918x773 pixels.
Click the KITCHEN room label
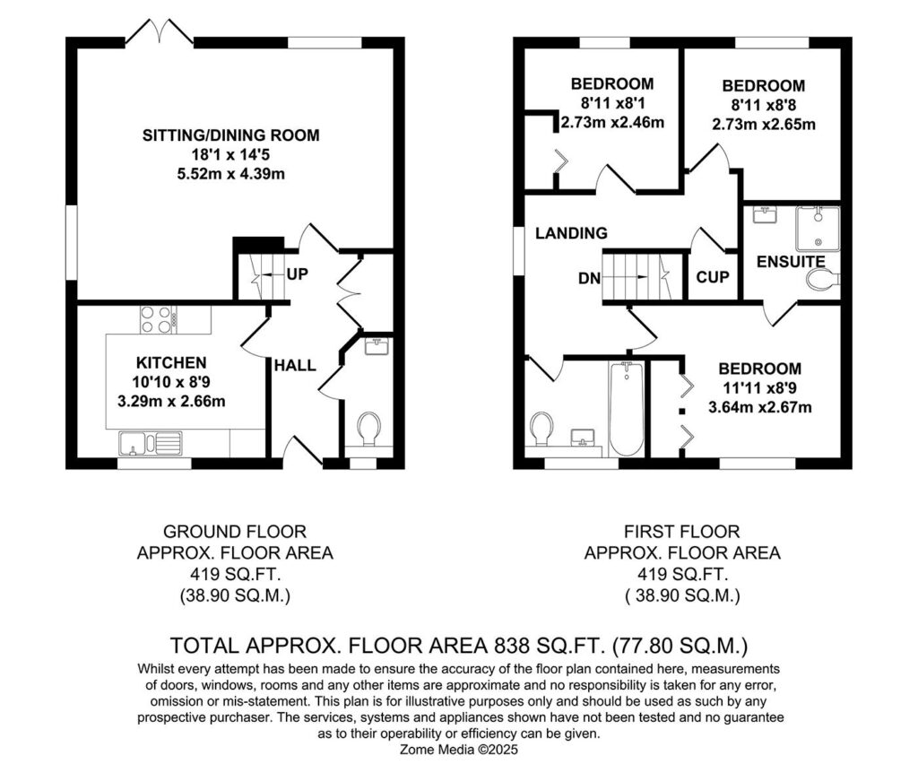pos(171,362)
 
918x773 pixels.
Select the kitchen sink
pos(151,443)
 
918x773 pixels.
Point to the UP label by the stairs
pos(298,274)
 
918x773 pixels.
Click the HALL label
pos(295,365)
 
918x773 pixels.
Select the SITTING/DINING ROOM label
pos(231,135)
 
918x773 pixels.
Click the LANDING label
pos(571,233)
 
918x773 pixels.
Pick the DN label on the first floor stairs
pos(590,278)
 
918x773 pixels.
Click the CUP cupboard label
pos(713,277)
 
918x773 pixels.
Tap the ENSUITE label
pos(791,262)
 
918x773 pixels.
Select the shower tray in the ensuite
pos(818,229)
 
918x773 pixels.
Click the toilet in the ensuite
pos(823,280)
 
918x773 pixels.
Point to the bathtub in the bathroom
pos(626,409)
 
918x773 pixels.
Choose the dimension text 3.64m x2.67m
pos(760,407)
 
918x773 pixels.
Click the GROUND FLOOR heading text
pos(235,532)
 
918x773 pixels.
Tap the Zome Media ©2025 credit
pos(459,750)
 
